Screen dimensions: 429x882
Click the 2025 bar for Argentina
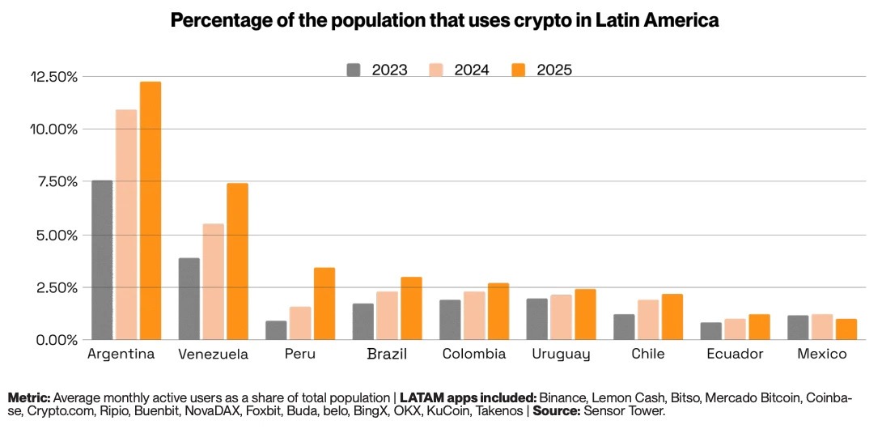pos(151,210)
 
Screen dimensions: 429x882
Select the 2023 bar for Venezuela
pos(189,299)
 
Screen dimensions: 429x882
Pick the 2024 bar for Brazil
pos(387,316)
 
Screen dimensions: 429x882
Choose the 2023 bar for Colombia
pos(450,320)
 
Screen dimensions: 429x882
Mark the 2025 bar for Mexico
pos(846,329)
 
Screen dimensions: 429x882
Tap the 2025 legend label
pos(553,70)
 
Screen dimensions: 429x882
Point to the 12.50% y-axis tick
pos(53,77)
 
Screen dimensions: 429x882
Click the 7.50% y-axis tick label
pos(56,182)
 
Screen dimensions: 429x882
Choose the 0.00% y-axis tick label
pos(56,340)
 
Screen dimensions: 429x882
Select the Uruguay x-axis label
pos(562,355)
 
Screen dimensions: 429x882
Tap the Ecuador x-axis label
pos(735,355)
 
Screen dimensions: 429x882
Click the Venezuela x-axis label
pos(213,355)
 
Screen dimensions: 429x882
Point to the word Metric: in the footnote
pos(29,398)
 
